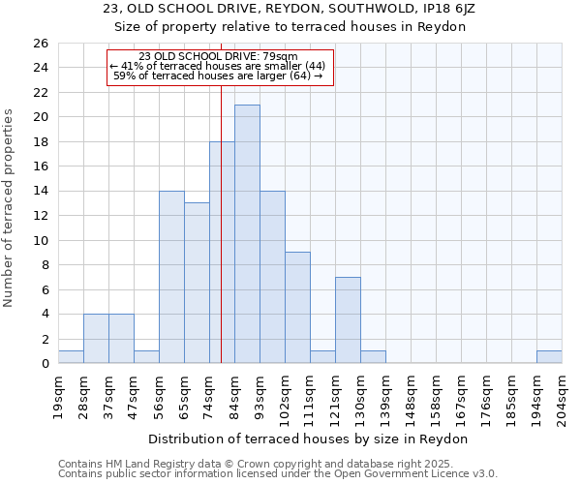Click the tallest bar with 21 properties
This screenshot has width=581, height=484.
point(247,233)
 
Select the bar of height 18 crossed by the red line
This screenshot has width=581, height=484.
point(215,252)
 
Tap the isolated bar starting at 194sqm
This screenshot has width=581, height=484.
point(549,357)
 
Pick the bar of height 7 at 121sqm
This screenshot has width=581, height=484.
point(348,319)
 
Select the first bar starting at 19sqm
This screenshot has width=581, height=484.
point(71,357)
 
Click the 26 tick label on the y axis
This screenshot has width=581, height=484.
point(40,44)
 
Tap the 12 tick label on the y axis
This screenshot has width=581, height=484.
point(40,216)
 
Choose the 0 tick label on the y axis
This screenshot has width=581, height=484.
point(44,364)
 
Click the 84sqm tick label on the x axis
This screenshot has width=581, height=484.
point(234,395)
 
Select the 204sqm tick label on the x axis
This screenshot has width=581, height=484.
point(562,398)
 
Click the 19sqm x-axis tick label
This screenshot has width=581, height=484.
point(58,395)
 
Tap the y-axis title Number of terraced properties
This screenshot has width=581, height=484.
point(9,208)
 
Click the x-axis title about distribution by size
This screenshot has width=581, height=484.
point(310,439)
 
